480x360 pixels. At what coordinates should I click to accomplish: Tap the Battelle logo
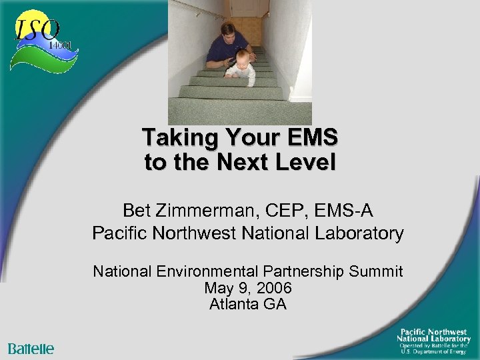31,349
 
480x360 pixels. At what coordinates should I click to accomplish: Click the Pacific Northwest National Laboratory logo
433,339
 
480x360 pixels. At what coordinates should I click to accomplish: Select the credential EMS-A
345,211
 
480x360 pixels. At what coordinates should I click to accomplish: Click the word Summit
379,271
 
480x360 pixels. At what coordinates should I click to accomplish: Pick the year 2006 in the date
273,288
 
